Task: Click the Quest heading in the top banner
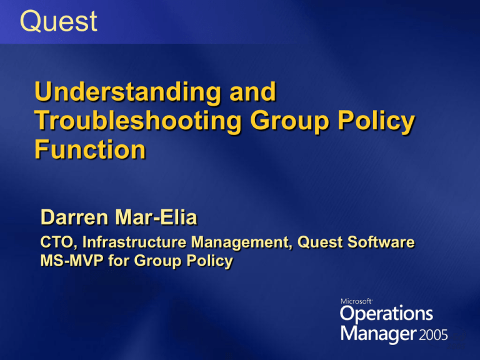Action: (x=59, y=21)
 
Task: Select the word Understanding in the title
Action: (x=127, y=92)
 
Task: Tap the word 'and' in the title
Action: (x=253, y=91)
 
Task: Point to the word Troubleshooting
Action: (x=138, y=121)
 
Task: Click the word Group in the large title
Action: (x=290, y=121)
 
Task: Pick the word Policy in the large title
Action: (x=376, y=121)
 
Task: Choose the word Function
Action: (x=90, y=149)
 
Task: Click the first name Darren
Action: (x=74, y=217)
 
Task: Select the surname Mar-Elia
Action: (x=156, y=217)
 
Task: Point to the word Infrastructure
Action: (x=134, y=242)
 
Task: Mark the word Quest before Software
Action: (x=320, y=242)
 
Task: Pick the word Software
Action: (x=381, y=242)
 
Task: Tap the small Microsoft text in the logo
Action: (x=357, y=301)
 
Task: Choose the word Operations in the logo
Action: (x=386, y=314)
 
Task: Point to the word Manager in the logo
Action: (x=378, y=333)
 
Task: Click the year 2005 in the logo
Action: (x=433, y=335)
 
